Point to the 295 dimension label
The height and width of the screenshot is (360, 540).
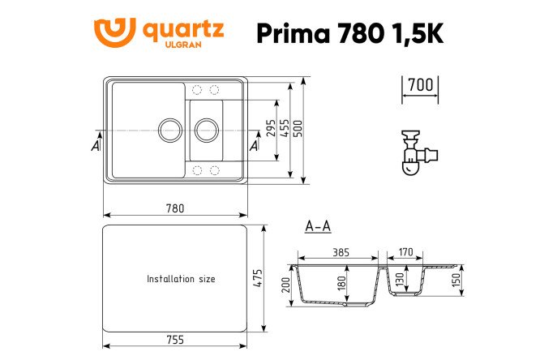pos(271,129)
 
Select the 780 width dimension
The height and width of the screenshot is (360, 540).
pos(174,208)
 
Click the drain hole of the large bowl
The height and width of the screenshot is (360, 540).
pos(169,129)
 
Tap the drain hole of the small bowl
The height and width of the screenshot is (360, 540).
pos(206,129)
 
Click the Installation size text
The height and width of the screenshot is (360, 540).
pos(181,278)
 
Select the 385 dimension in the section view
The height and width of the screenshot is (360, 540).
pos(341,252)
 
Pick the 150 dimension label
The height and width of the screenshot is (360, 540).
pos(456,280)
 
